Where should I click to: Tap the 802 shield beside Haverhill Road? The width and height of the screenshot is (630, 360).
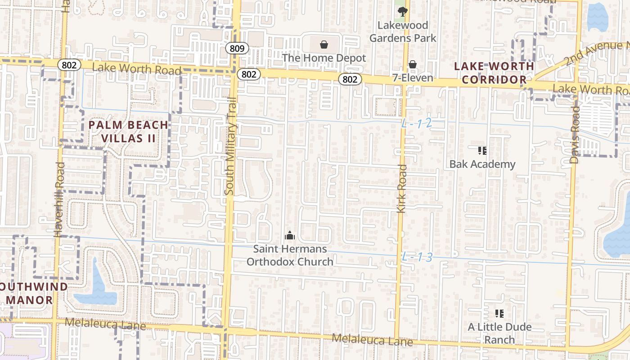click(x=69, y=65)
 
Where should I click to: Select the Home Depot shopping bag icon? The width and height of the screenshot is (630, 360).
click(x=324, y=44)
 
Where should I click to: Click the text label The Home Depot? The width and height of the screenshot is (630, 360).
click(x=324, y=58)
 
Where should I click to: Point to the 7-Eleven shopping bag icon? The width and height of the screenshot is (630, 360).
click(x=413, y=65)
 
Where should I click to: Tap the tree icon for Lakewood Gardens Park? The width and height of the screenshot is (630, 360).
click(x=402, y=11)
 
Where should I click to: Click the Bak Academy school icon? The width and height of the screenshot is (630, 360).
click(x=482, y=150)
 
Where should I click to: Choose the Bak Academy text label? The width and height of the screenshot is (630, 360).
click(x=482, y=164)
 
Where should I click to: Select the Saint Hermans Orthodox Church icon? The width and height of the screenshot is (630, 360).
click(x=290, y=235)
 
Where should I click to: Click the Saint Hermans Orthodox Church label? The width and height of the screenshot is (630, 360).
click(x=290, y=255)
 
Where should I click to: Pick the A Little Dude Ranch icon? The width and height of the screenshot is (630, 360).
click(x=499, y=313)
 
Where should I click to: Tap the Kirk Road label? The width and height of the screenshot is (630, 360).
click(x=401, y=189)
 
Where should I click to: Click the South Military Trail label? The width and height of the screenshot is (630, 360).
click(x=230, y=153)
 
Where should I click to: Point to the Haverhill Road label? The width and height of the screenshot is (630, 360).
click(x=59, y=199)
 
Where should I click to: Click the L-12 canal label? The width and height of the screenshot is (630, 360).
click(x=417, y=123)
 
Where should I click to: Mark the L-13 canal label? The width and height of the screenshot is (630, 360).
click(x=417, y=257)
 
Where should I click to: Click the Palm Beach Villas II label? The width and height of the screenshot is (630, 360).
click(x=128, y=131)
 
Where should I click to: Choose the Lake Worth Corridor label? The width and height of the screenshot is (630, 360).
click(x=494, y=73)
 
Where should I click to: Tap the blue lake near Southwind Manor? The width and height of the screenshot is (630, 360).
click(x=95, y=288)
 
